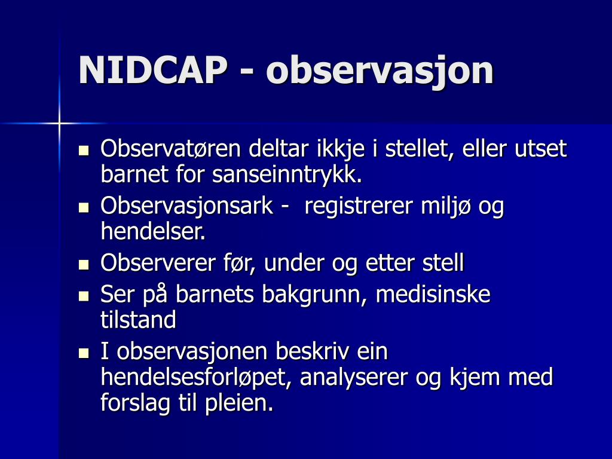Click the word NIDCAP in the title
pyautogui.click(x=153, y=71)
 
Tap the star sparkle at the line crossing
pyautogui.click(x=59, y=123)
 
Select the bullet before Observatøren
pyautogui.click(x=84, y=149)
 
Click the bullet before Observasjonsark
pyautogui.click(x=84, y=207)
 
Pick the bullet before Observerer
pyautogui.click(x=84, y=264)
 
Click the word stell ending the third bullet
pyautogui.click(x=443, y=263)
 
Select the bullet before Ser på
pyautogui.click(x=84, y=295)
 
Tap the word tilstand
pyautogui.click(x=138, y=320)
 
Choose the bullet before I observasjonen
pyautogui.click(x=84, y=353)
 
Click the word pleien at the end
pyautogui.click(x=238, y=404)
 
